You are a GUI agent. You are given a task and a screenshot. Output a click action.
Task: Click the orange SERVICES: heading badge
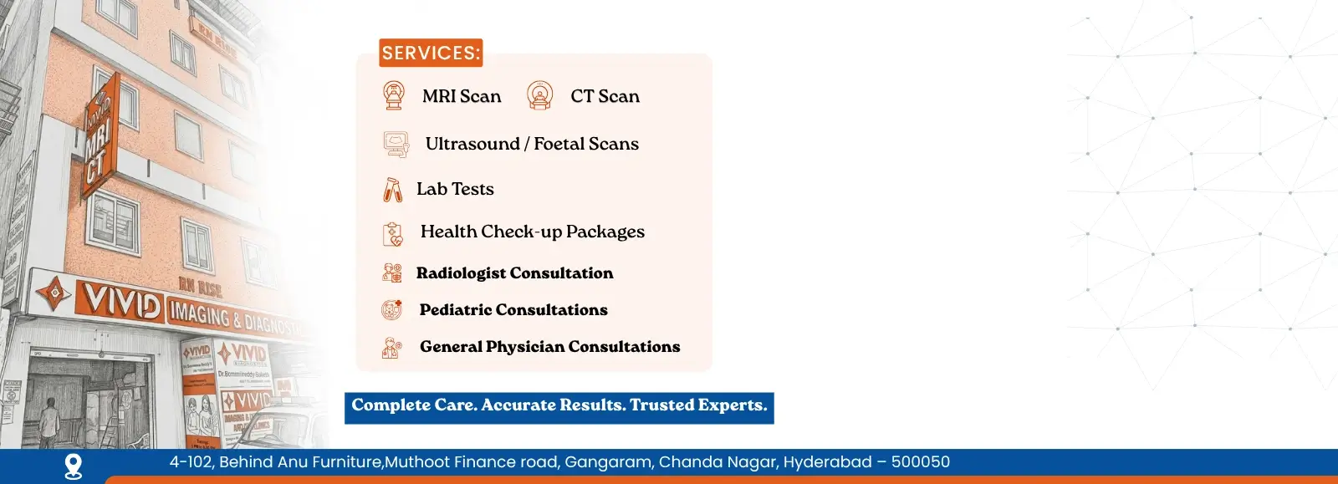pyautogui.click(x=431, y=53)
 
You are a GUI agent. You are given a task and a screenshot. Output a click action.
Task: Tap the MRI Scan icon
pyautogui.click(x=393, y=95)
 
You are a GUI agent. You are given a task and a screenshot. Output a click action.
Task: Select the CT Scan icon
pyautogui.click(x=540, y=95)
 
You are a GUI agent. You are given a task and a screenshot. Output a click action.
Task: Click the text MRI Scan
pyautogui.click(x=462, y=96)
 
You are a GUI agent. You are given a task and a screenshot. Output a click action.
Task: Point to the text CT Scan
pyautogui.click(x=605, y=96)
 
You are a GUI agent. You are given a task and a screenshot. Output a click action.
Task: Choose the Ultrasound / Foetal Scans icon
pyautogui.click(x=396, y=144)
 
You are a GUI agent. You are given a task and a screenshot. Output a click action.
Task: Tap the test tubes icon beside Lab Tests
pyautogui.click(x=392, y=190)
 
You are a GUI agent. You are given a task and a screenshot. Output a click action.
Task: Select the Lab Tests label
pyautogui.click(x=455, y=189)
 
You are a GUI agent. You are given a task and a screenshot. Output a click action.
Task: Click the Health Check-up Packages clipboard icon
pyautogui.click(x=392, y=233)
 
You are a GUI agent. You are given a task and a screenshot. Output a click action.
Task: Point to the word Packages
pyautogui.click(x=605, y=232)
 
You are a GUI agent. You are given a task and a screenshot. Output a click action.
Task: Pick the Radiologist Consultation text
pyautogui.click(x=514, y=273)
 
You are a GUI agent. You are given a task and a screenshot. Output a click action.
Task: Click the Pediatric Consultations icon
pyautogui.click(x=391, y=310)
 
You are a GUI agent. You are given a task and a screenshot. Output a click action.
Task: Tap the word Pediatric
pyautogui.click(x=456, y=309)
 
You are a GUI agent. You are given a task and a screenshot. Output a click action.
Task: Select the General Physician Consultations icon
pyautogui.click(x=391, y=347)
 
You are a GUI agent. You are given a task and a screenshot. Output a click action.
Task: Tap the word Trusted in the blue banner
pyautogui.click(x=661, y=405)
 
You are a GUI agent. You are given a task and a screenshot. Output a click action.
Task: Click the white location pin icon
pyautogui.click(x=74, y=466)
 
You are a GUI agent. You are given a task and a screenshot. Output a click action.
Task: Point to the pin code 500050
pyautogui.click(x=920, y=462)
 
